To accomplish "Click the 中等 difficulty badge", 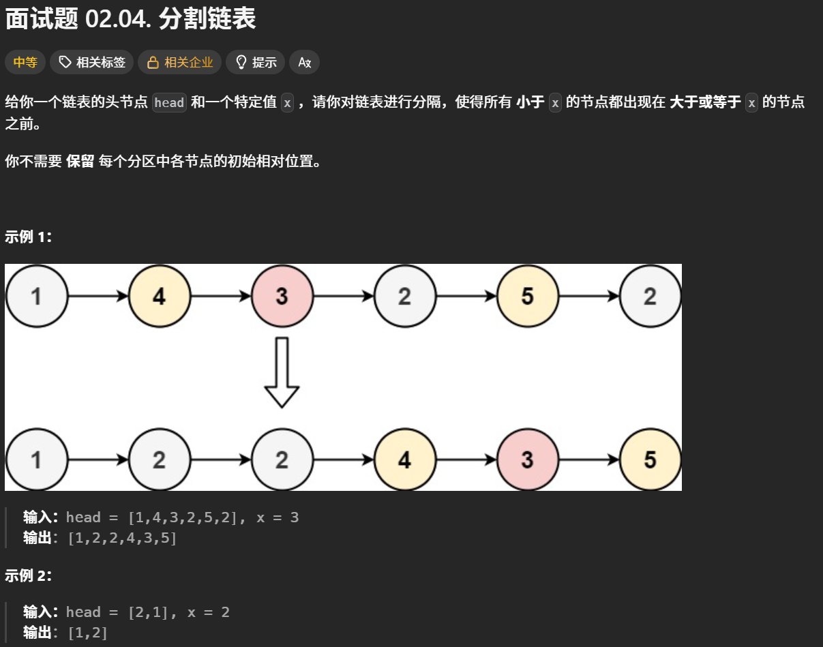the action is click(x=25, y=63).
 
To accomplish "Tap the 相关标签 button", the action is click(x=91, y=63).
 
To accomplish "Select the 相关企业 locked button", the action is click(x=180, y=63).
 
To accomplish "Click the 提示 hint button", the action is click(x=255, y=63).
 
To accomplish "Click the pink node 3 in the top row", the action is click(x=282, y=297).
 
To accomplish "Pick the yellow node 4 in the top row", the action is click(x=159, y=297).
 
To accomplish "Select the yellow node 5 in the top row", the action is click(x=527, y=297).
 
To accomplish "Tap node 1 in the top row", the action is click(x=36, y=297).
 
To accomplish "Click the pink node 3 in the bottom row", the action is click(x=527, y=460).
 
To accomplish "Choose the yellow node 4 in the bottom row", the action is click(x=404, y=460).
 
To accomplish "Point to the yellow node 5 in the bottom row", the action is click(x=650, y=460).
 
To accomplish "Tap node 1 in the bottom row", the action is click(x=36, y=460).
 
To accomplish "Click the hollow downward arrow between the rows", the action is click(x=282, y=372).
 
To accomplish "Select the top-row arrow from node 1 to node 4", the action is click(x=98, y=297).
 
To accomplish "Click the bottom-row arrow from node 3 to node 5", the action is click(x=588, y=460).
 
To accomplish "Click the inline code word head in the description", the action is click(x=169, y=103).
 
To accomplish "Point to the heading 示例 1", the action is click(x=28, y=237).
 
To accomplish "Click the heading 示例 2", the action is click(x=28, y=575).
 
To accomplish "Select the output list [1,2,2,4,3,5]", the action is click(x=122, y=538).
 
